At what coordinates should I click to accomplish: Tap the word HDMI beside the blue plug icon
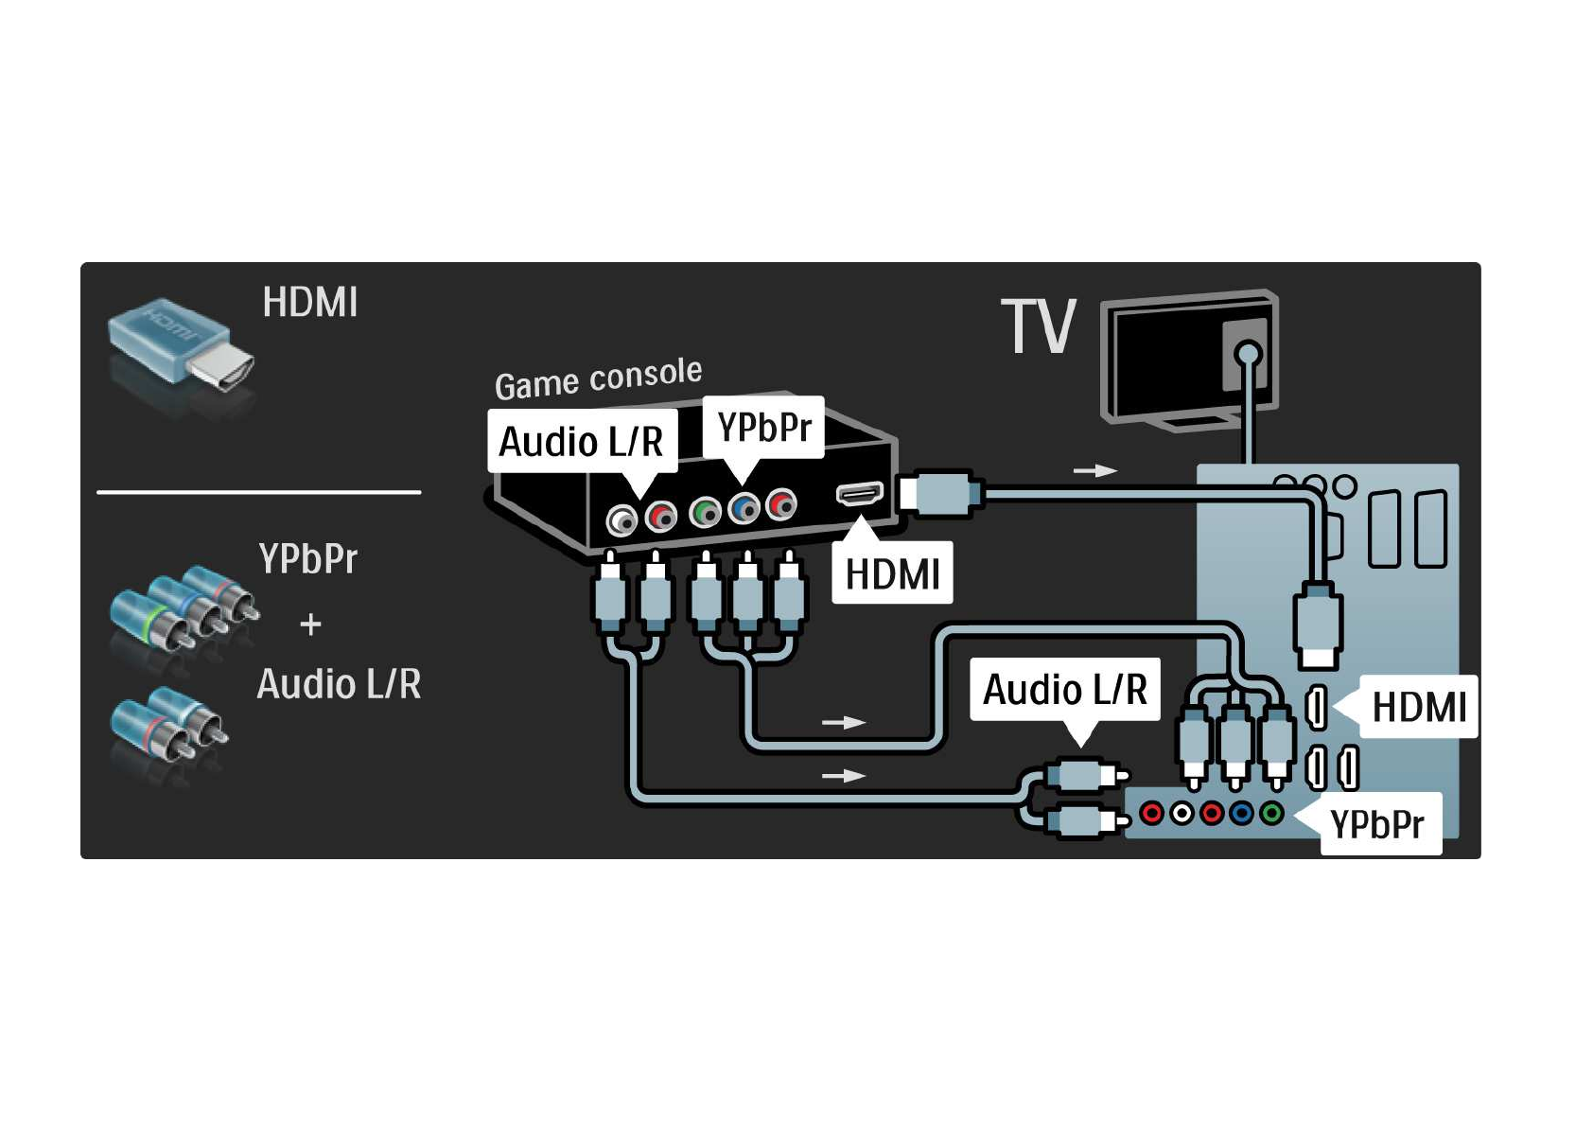coord(310,303)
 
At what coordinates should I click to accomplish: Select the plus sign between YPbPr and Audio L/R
coord(310,625)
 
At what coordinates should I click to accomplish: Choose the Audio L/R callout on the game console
coord(582,441)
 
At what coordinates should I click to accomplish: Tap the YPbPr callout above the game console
coord(763,428)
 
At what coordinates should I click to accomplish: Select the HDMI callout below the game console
coord(892,573)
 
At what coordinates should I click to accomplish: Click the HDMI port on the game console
coord(859,493)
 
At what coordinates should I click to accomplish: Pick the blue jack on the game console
coord(744,508)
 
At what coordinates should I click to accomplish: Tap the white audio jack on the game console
coord(621,520)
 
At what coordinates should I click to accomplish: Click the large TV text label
coord(1039,327)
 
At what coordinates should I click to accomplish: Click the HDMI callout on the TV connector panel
coord(1418,707)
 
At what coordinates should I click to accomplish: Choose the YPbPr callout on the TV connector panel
coord(1377,824)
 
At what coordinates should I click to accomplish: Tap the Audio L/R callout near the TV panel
coord(1065,689)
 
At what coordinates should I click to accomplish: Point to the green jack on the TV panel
coord(1272,812)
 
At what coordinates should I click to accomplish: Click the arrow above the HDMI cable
coord(1095,470)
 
